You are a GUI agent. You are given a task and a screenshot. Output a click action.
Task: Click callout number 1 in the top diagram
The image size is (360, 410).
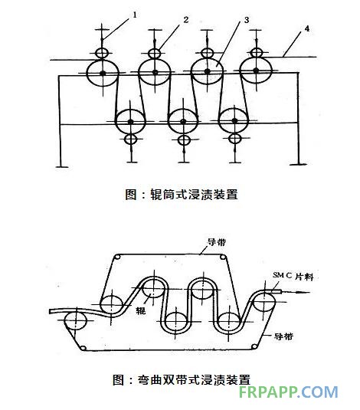pos(135,15)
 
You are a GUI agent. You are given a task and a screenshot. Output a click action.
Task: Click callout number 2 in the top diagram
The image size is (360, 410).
pos(186,20)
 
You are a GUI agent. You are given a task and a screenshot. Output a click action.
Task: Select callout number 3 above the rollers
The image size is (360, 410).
pos(247,20)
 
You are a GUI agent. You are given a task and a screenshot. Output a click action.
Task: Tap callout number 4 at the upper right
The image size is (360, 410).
pos(307,28)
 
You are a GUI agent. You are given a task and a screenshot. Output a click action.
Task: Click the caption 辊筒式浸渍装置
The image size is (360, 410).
pos(194,195)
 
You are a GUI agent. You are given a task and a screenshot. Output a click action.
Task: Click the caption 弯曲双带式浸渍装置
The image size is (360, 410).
pos(194,379)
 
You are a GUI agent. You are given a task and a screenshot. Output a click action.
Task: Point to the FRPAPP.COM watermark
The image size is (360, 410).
pos(288,392)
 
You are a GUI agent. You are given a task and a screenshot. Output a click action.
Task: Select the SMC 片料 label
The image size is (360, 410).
pos(293,276)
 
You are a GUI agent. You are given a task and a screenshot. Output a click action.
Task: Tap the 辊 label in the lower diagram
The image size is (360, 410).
pos(140,310)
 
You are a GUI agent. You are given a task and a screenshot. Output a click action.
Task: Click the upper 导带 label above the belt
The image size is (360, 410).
pos(217,242)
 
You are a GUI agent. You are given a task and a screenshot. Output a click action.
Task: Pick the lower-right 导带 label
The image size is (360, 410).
pos(283,336)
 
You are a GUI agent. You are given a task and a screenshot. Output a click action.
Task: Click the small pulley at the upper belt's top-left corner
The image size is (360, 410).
pos(118,257)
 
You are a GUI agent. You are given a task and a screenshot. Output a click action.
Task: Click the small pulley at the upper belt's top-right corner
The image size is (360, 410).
pos(223,257)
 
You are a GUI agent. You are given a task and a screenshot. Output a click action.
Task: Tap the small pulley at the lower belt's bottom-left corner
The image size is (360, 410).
pos(83,348)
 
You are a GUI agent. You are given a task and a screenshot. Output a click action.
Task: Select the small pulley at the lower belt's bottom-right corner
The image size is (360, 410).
pos(254,346)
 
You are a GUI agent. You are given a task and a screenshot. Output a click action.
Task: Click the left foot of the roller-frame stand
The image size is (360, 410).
pos(62,166)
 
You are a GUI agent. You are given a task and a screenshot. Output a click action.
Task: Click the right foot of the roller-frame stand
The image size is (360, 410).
pos(299,165)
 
